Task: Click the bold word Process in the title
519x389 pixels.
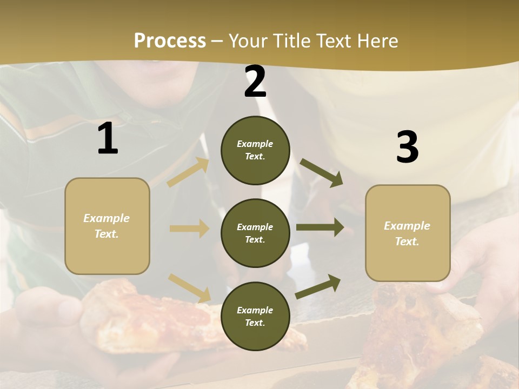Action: tap(170, 41)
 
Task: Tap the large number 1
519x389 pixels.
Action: tap(108, 139)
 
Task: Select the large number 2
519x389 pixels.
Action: tap(255, 82)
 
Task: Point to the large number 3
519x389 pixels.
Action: tap(407, 147)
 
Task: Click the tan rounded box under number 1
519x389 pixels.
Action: tap(107, 226)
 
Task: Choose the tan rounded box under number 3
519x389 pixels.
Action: tap(408, 233)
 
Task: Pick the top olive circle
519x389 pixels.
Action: tap(255, 150)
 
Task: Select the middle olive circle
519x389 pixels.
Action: tap(255, 233)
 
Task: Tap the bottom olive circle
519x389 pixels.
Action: tap(255, 316)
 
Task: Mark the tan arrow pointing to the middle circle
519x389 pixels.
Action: tap(189, 229)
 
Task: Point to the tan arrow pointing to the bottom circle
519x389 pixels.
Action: tap(189, 288)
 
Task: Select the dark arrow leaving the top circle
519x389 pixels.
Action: tap(321, 173)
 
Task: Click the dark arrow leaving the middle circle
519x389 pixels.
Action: tap(320, 227)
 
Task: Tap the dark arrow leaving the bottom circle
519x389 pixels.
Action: tap(318, 286)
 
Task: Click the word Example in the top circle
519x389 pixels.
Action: tap(255, 144)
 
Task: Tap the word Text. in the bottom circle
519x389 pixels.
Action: tap(255, 323)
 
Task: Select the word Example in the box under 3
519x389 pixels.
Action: tap(407, 226)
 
